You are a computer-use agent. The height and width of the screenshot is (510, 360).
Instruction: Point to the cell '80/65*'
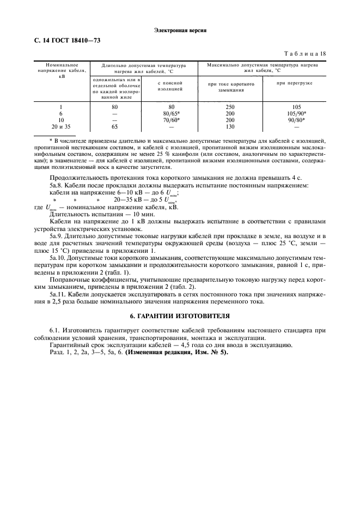[171, 113]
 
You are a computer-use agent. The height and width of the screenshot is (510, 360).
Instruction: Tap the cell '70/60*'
[171, 119]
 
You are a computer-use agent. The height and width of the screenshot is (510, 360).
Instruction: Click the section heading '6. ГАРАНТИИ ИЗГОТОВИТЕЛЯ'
[180, 315]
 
